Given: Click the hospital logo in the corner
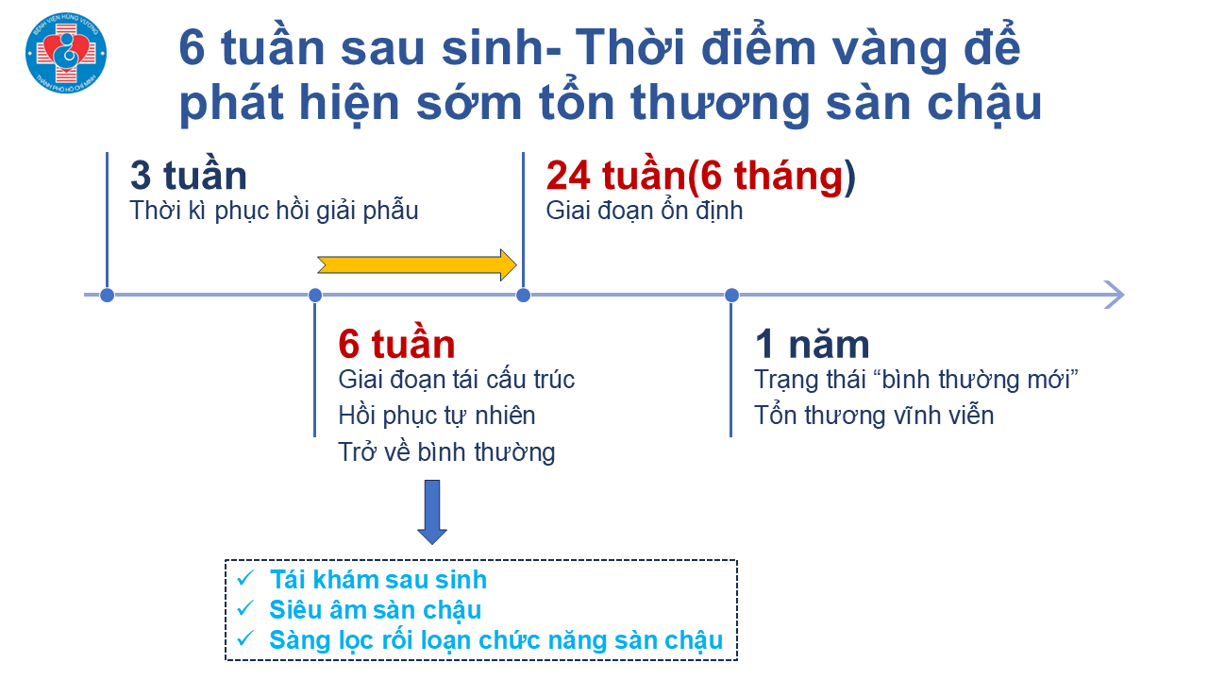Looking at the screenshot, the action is point(66,53).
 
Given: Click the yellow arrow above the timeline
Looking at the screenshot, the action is point(417,265).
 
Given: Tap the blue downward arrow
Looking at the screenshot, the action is point(432,512).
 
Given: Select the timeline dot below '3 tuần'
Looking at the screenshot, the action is point(108,296).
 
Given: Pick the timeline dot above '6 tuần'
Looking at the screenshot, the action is point(315,296).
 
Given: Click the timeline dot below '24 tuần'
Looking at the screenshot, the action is point(523,296).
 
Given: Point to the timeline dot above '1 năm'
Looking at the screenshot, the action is point(731,296).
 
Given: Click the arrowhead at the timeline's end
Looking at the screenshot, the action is point(1116,295).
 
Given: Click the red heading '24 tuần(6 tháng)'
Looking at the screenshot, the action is point(700,176).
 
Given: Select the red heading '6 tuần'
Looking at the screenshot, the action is point(397,344).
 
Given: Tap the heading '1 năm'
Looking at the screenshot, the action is point(813,345).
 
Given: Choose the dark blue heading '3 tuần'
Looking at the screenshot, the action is point(188,175).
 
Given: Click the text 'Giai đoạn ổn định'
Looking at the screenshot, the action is point(644,211).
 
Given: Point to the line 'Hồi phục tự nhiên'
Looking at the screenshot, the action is point(437,416).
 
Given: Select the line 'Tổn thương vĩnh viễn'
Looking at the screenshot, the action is point(874,416).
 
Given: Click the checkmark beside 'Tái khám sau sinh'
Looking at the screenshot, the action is point(245,578).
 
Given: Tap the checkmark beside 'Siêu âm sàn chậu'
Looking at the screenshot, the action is point(245,608).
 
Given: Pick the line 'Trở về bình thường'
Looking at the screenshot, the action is point(446,452).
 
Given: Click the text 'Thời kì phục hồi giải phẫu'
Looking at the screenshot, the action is point(274,211).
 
